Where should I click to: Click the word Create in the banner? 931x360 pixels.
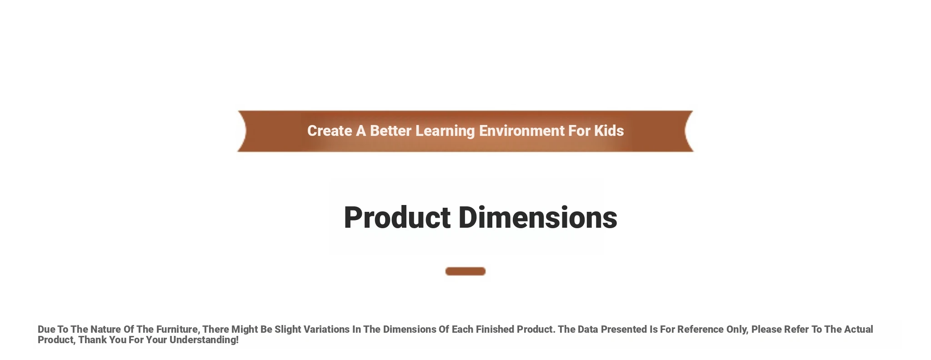(330, 131)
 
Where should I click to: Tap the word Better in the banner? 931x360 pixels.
(390, 131)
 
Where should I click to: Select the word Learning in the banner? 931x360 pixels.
(445, 131)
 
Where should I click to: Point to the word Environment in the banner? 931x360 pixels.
(522, 131)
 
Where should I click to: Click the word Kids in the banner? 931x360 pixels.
(609, 131)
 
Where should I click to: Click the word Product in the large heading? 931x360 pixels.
(397, 217)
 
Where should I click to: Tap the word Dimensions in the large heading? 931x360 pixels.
(538, 217)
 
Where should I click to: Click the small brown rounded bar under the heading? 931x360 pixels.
(465, 271)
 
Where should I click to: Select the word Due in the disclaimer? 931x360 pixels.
(46, 330)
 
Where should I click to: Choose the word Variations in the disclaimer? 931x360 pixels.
(326, 330)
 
